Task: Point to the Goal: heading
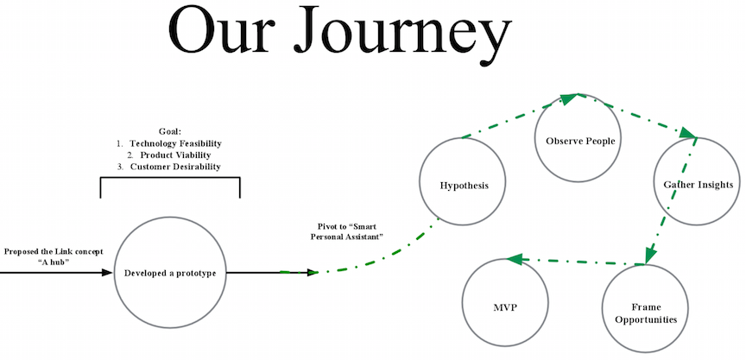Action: point(170,131)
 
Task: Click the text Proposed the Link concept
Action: point(54,251)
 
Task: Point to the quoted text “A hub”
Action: point(54,261)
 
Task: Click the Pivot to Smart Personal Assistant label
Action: point(347,231)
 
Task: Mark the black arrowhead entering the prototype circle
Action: point(107,273)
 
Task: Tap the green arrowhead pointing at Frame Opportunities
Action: point(651,256)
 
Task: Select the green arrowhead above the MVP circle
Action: point(515,259)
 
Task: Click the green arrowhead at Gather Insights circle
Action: point(688,132)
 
